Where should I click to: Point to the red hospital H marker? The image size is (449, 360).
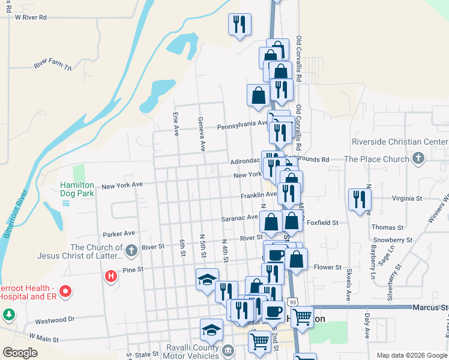tap(110, 277)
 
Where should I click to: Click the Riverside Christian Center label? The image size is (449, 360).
tap(399, 142)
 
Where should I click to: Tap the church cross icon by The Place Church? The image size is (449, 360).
tap(418, 159)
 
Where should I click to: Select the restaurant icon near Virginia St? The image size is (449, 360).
tap(360, 199)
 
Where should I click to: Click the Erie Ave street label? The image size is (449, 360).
tap(176, 124)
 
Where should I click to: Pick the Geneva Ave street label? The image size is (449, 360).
tap(202, 133)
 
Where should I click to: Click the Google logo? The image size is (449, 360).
tap(20, 353)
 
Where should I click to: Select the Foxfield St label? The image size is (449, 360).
tap(322, 223)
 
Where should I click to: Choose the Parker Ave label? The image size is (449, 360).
tap(119, 233)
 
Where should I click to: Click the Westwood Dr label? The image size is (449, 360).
tap(54, 320)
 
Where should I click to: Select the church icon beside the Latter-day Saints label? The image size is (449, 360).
tap(131, 248)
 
